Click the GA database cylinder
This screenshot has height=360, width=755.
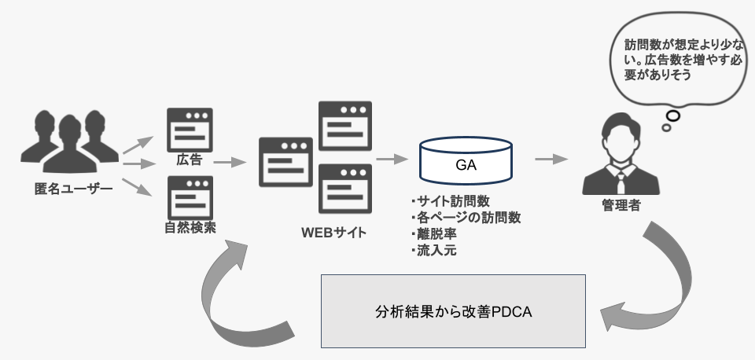coord(466,163)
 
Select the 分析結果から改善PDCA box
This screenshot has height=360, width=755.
coord(454,310)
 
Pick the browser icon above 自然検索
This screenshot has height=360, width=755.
coord(190,197)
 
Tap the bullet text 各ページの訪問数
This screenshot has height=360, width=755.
coord(466,218)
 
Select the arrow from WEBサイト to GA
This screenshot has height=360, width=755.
coord(392,159)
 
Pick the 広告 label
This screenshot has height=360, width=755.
coord(190,160)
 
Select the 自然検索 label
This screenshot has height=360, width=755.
coord(190,228)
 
